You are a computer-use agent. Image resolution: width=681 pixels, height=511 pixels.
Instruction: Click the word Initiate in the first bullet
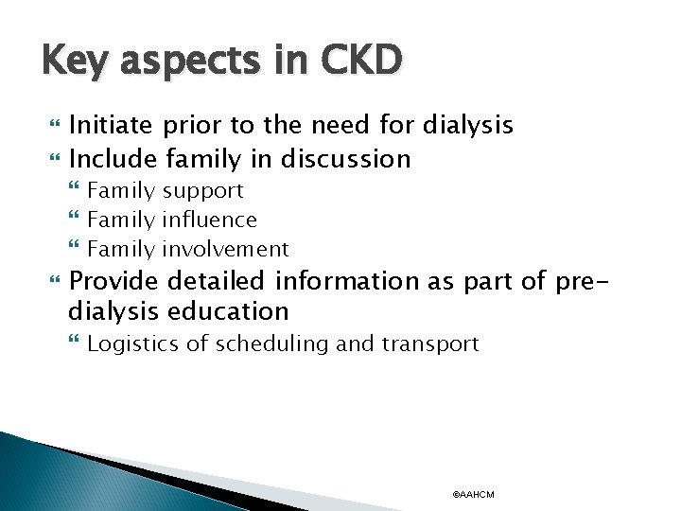point(112,124)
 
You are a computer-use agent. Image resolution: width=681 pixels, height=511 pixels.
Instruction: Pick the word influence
point(209,220)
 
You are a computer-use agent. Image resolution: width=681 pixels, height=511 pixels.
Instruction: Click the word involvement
point(225,249)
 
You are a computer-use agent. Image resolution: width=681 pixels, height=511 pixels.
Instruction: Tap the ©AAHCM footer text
point(474,495)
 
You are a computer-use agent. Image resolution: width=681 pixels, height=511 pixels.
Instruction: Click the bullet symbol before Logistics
point(77,344)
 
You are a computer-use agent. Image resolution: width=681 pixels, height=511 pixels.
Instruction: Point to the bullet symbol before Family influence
point(77,220)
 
